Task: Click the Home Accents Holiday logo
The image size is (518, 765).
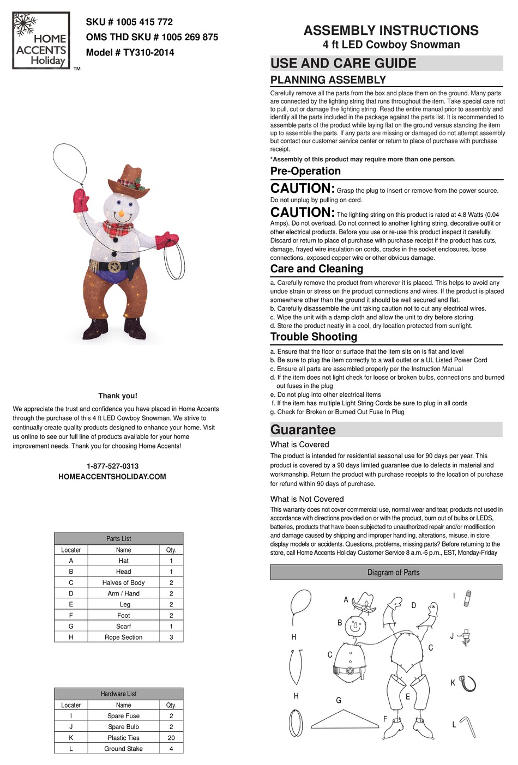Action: coord(41,41)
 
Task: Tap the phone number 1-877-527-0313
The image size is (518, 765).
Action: coord(112,466)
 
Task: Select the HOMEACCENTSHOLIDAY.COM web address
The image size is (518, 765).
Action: coord(112,476)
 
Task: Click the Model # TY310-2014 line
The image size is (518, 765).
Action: coord(130,52)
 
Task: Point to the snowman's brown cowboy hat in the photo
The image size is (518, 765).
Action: coord(129,182)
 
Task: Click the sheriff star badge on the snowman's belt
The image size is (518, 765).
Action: coord(115,266)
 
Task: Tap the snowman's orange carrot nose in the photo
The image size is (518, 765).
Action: coord(121,211)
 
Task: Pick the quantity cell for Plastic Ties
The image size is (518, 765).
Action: coord(171,737)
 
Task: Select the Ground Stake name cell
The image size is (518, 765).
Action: coord(124,748)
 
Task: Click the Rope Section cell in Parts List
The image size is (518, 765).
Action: coord(124,637)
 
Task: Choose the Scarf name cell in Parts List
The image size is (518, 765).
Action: coord(124,626)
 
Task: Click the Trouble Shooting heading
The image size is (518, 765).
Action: coord(314,337)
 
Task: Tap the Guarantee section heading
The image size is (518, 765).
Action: coord(303,429)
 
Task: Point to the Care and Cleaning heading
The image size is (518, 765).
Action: coord(317,269)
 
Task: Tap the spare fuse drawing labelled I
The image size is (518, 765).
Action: coord(467,598)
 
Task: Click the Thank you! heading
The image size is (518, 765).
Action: coord(118,396)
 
